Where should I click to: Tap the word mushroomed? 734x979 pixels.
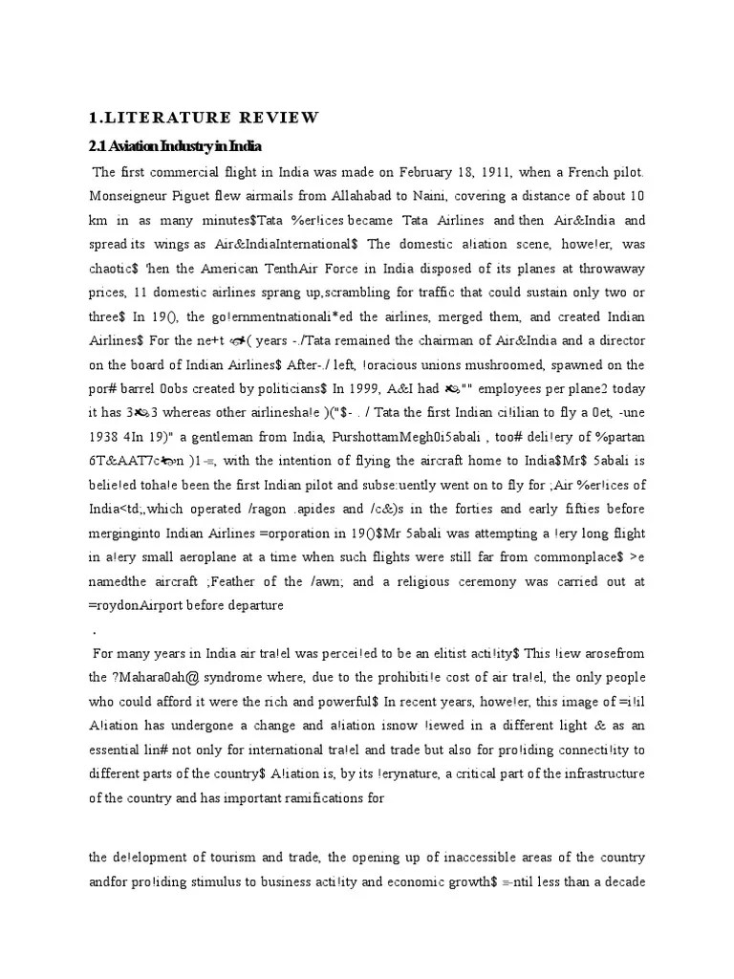[x=510, y=364]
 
